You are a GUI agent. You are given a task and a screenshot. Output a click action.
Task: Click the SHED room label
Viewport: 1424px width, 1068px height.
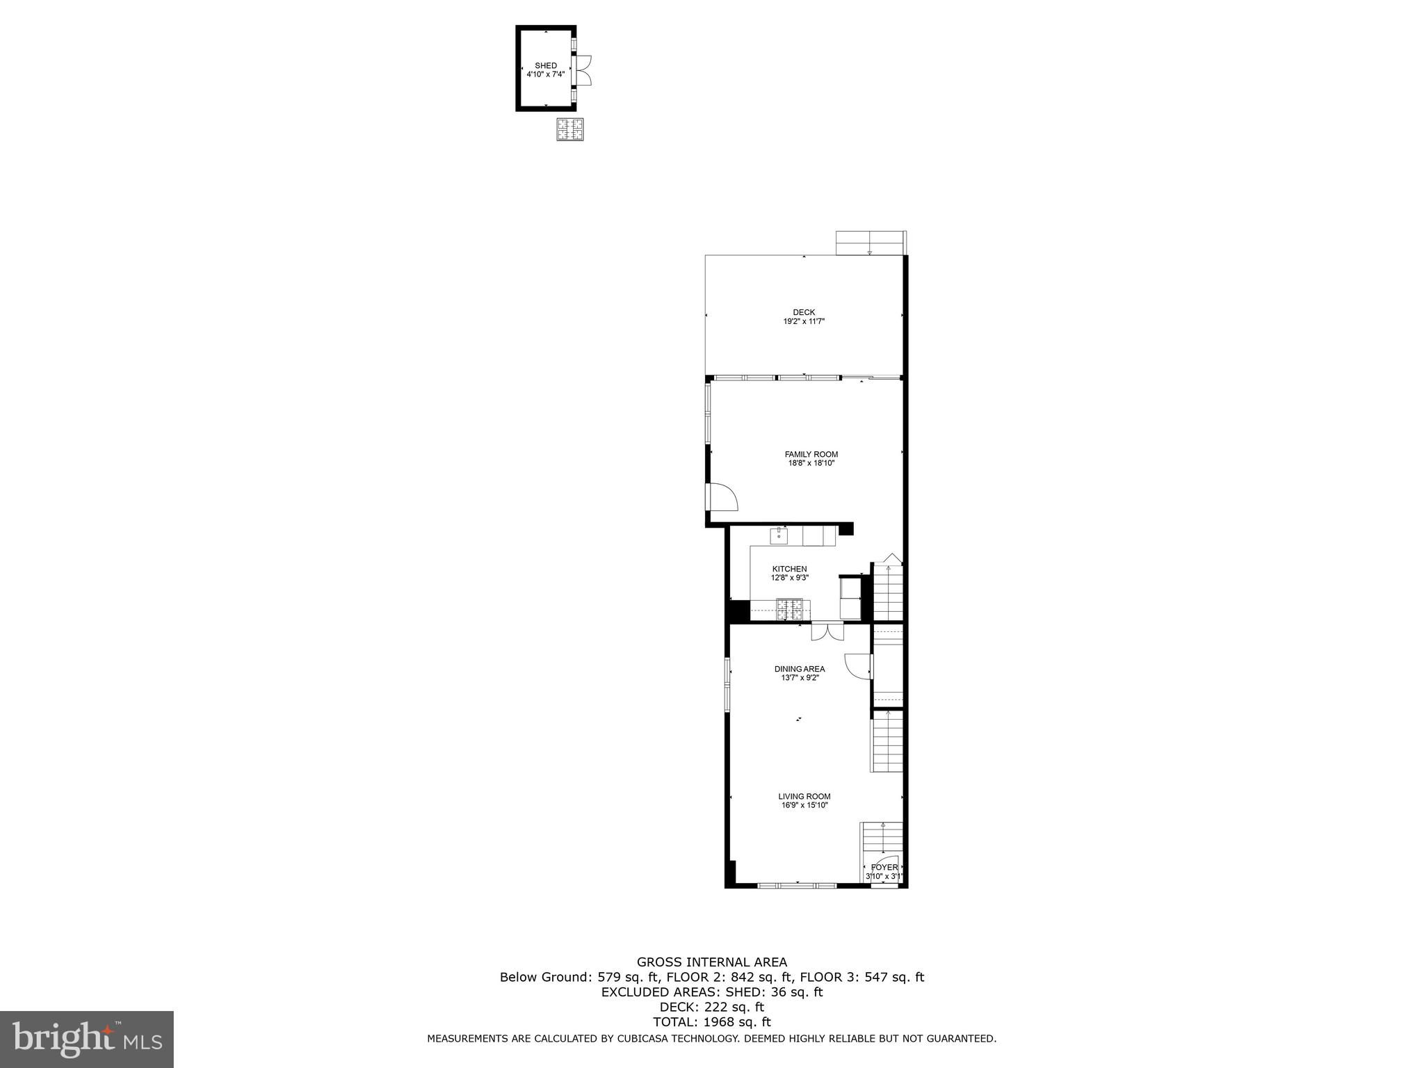point(546,65)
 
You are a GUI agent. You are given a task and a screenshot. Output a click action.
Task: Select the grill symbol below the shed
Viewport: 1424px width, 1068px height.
point(569,129)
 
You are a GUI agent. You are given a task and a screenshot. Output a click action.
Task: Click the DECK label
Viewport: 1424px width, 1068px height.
point(804,312)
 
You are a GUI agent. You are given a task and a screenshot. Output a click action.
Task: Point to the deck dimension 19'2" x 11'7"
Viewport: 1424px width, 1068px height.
point(804,322)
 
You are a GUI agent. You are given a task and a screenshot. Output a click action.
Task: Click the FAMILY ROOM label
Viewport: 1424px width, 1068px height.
point(811,455)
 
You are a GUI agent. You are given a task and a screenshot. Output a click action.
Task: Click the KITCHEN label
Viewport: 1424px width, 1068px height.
point(789,569)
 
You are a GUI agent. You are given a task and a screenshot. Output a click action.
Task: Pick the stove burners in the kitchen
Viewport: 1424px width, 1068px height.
point(789,609)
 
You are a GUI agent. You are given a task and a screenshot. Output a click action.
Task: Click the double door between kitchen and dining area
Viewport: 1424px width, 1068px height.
point(827,631)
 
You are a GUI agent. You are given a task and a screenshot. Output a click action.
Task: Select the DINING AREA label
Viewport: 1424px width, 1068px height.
point(800,669)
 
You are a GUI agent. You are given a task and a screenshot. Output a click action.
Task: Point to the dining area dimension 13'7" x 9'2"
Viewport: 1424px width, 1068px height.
point(800,678)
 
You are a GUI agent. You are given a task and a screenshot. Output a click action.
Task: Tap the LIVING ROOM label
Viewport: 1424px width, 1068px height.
point(804,797)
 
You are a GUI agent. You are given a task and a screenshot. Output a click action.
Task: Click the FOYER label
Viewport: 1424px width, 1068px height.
point(884,867)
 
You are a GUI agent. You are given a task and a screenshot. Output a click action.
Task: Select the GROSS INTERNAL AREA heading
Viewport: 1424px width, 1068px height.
point(712,962)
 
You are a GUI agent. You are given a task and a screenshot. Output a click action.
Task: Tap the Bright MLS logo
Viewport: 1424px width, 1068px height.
point(87,1039)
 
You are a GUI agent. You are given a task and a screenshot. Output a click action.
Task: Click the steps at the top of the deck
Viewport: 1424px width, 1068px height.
point(870,243)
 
